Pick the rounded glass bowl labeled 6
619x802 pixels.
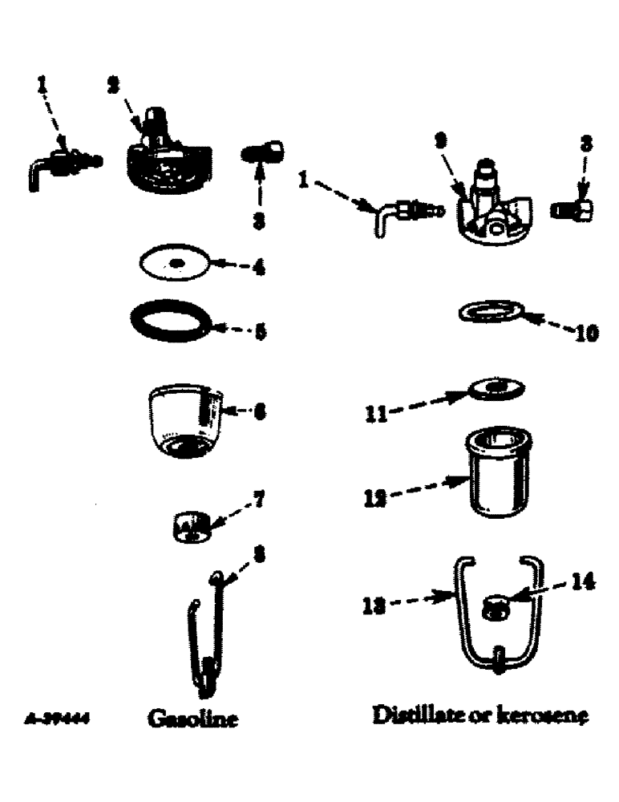(x=184, y=418)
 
